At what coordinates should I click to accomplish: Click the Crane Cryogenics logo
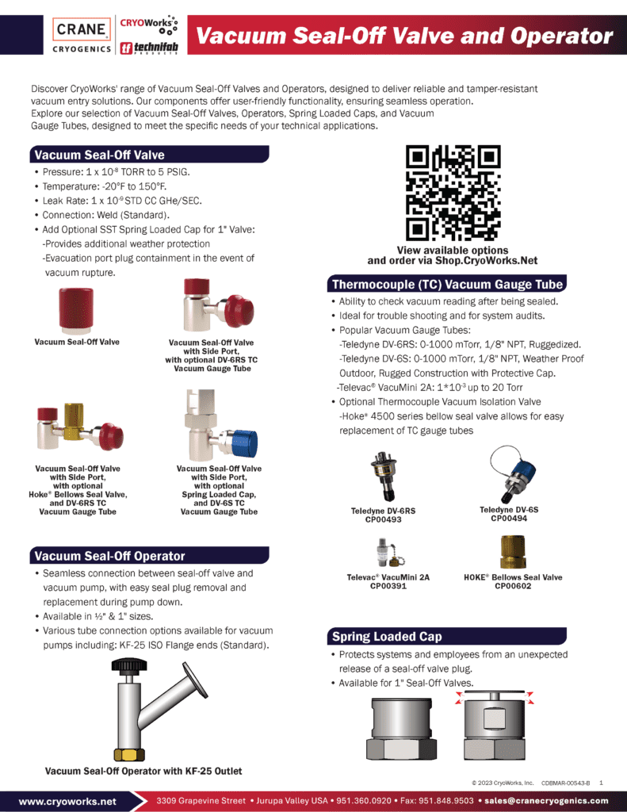(82, 35)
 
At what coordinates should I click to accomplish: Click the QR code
(453, 193)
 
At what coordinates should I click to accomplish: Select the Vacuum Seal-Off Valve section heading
(99, 155)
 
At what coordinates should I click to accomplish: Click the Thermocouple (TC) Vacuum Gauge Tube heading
(447, 284)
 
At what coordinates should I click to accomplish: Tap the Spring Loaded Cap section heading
(387, 636)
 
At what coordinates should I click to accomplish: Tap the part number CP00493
(383, 521)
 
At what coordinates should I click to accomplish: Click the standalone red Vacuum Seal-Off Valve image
(77, 309)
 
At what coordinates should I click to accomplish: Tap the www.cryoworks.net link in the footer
(67, 801)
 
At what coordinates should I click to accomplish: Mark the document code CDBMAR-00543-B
(565, 783)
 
